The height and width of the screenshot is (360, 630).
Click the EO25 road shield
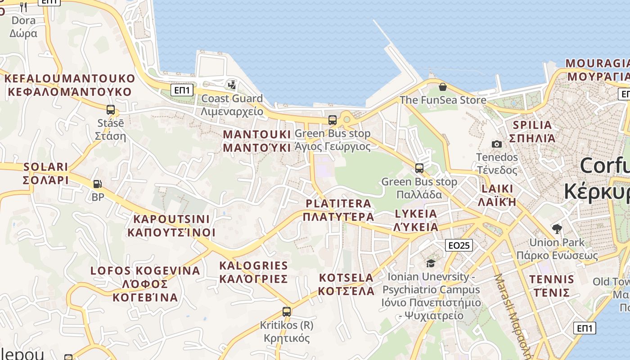click(459, 245)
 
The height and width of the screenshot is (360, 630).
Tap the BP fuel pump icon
click(97, 184)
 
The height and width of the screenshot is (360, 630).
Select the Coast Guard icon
click(232, 84)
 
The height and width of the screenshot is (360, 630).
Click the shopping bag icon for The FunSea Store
click(443, 86)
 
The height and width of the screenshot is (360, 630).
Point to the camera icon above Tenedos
click(497, 144)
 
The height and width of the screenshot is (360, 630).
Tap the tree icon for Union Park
click(557, 229)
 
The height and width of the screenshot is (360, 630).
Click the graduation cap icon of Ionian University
click(431, 263)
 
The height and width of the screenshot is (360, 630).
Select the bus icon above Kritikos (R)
click(286, 311)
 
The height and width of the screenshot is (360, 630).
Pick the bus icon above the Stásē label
click(111, 109)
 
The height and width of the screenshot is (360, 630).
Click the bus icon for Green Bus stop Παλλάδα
click(419, 168)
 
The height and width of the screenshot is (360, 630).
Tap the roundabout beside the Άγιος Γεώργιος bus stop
click(346, 120)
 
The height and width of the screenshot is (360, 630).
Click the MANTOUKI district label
click(257, 135)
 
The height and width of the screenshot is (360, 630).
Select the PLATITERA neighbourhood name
click(338, 203)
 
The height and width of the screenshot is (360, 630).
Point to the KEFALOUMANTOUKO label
click(70, 78)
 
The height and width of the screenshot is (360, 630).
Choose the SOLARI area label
click(46, 167)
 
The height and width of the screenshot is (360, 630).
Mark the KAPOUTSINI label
click(171, 219)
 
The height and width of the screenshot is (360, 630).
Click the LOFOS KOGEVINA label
click(145, 271)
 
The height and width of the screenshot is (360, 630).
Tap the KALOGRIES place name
click(253, 265)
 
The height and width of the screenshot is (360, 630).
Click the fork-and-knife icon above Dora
click(23, 7)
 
